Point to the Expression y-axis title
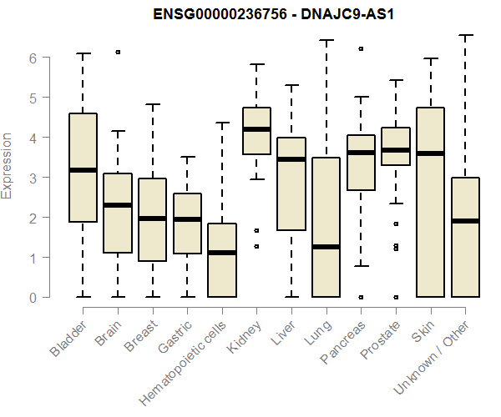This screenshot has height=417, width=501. pos(8,165)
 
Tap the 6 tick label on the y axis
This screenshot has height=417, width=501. pos(33,58)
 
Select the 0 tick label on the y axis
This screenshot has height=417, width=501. pos(33,297)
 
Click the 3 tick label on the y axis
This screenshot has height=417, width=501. pos(33,178)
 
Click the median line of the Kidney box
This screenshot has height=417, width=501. pos(256,129)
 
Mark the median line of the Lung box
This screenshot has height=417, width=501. pos(326,247)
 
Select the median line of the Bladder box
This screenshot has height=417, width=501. pos(83,170)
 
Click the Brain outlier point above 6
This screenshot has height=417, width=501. pos(118,52)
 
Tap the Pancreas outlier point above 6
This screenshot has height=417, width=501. pos(361,49)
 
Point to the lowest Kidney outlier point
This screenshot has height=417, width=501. pos(256,246)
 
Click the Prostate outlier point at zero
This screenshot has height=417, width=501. pos(396,297)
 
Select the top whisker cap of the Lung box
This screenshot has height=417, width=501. pos(326,40)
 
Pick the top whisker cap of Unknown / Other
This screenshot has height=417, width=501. pos(465,35)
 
